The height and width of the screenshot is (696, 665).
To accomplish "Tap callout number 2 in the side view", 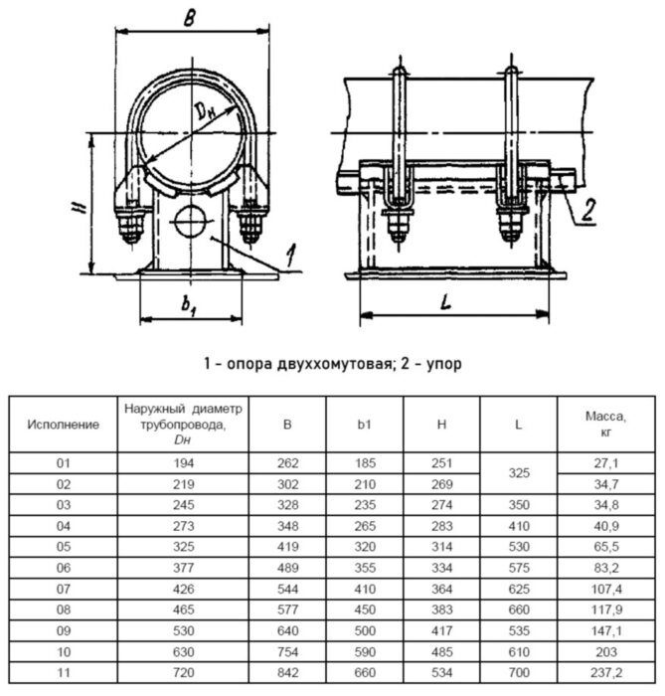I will coord(588,209).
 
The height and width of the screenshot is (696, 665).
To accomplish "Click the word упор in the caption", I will coord(441,364).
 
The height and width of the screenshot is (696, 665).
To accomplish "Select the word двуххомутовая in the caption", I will coord(329,364).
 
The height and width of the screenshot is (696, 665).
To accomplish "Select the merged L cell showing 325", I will coord(518,474).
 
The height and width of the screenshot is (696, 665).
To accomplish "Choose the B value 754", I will coord(287,654).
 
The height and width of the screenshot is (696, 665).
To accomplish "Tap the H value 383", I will coord(441,611).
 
